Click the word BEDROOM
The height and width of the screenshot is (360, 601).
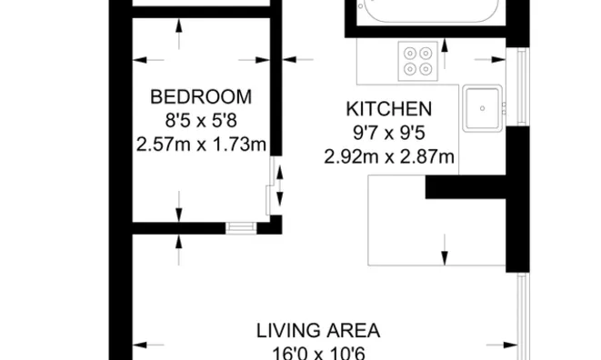pyautogui.click(x=200, y=97)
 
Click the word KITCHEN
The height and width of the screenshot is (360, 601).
pyautogui.click(x=388, y=109)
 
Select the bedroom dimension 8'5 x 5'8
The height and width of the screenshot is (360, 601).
pyautogui.click(x=200, y=120)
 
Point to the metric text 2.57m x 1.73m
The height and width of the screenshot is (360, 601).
pyautogui.click(x=200, y=144)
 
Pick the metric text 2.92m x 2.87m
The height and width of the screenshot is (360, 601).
pyautogui.click(x=388, y=156)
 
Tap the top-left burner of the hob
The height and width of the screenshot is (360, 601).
pyautogui.click(x=410, y=53)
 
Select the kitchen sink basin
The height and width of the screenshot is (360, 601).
pyautogui.click(x=483, y=108)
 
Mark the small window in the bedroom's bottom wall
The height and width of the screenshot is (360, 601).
pyautogui.click(x=239, y=226)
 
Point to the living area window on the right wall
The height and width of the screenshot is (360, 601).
pyautogui.click(x=524, y=318)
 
